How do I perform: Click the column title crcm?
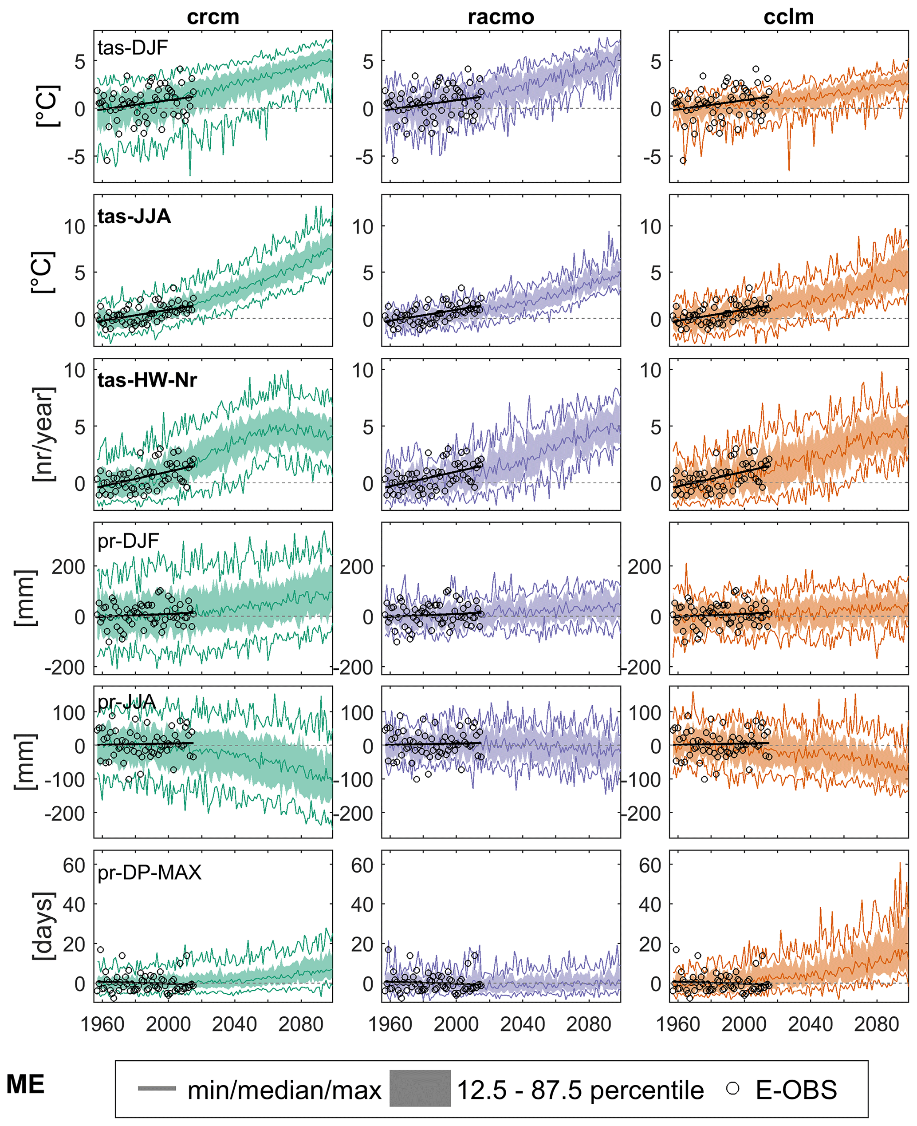(x=213, y=17)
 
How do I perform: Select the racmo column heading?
(x=501, y=17)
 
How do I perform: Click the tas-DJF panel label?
(x=133, y=47)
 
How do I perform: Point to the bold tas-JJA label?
(x=134, y=216)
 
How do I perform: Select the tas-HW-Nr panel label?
(x=147, y=380)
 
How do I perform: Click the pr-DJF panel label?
(x=128, y=541)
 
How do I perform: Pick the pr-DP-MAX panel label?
(x=150, y=872)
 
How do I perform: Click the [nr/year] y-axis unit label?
(x=43, y=435)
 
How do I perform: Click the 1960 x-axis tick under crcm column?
(x=102, y=1024)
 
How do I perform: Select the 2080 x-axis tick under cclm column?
(x=876, y=1024)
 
